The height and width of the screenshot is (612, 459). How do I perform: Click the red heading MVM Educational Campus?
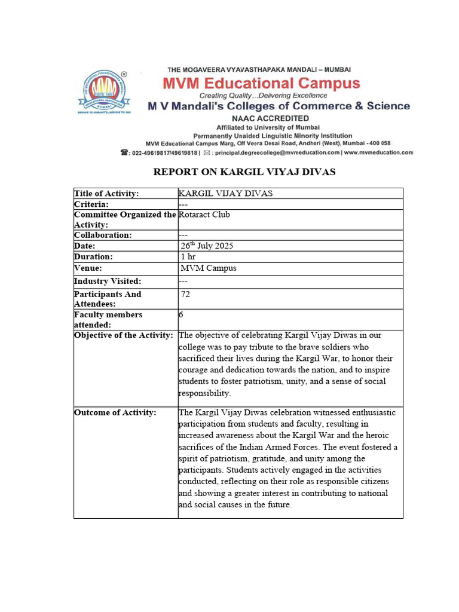[280, 84]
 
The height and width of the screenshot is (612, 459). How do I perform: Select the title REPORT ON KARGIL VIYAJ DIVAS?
[244, 172]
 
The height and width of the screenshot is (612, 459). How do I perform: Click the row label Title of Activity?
[106, 193]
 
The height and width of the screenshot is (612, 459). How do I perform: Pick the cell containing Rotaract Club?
[204, 215]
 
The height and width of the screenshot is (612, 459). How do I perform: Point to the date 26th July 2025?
[207, 246]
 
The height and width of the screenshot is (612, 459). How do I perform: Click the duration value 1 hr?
[188, 257]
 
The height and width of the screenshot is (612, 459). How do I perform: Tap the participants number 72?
[186, 295]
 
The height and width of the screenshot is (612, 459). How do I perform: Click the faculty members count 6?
[182, 314]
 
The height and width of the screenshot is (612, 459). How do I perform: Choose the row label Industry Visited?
[108, 281]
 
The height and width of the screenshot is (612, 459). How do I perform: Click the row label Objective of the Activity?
[124, 335]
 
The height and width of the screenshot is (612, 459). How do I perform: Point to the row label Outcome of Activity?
[115, 412]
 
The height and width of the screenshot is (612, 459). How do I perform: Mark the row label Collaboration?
[103, 235]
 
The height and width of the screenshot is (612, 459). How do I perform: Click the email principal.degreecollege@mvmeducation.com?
[277, 152]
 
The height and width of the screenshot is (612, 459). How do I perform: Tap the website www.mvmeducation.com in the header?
[378, 152]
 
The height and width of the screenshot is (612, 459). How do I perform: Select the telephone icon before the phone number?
[124, 152]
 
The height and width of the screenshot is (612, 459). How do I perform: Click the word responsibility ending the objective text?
[204, 393]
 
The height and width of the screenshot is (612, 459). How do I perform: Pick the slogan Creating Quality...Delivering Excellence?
[263, 96]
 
